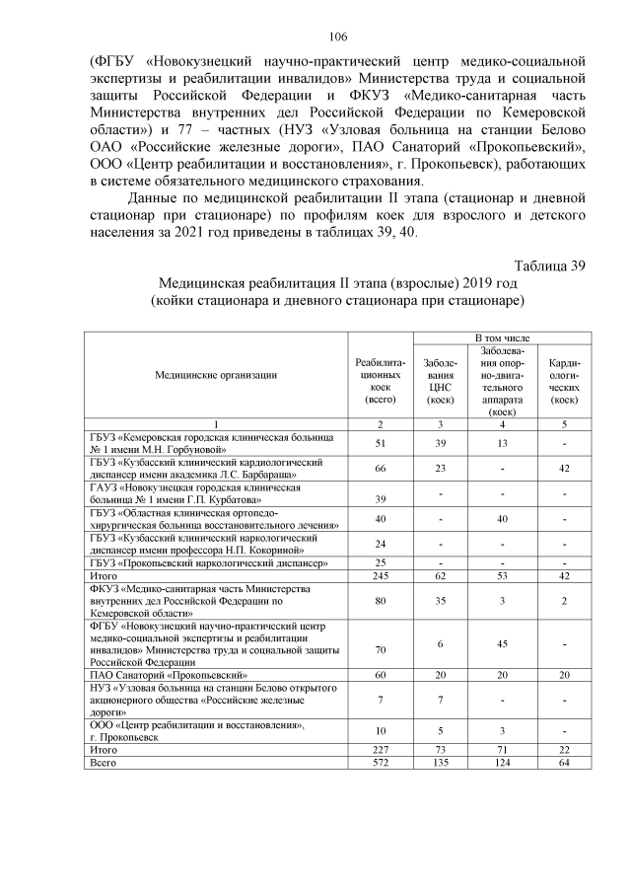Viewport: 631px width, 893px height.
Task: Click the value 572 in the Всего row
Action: [x=379, y=764]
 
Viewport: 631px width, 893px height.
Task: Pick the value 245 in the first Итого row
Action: [x=379, y=575]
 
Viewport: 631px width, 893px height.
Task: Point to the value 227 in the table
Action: [x=379, y=750]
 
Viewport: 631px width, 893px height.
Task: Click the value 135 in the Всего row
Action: [x=441, y=764]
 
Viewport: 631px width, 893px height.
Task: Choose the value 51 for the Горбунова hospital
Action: [x=379, y=443]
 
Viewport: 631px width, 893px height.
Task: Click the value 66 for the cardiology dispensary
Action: [x=379, y=469]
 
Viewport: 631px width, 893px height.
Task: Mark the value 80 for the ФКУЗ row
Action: [x=379, y=598]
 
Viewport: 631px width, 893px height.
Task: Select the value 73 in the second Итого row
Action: [x=441, y=750]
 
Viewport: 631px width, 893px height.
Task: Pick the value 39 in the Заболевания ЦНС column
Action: [x=441, y=443]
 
